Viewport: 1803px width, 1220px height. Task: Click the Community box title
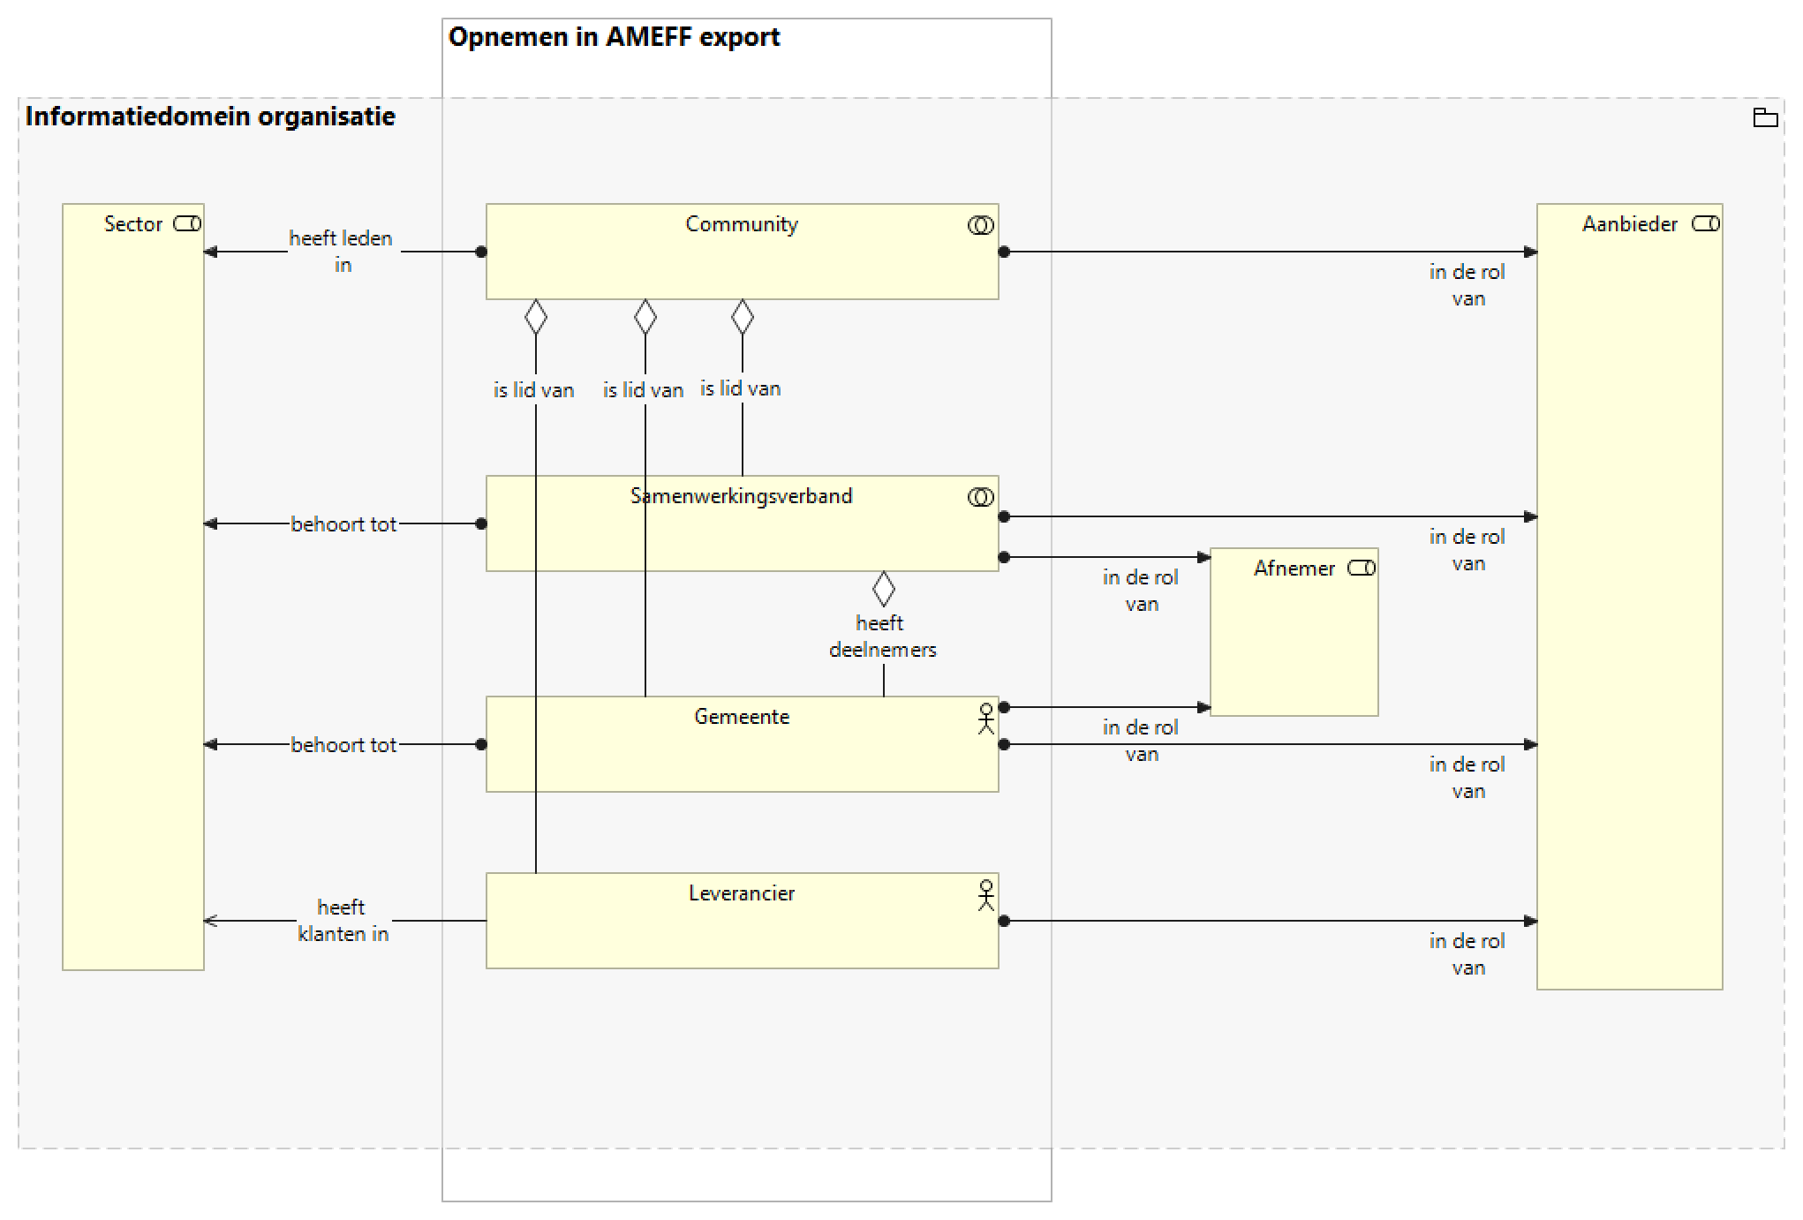tap(742, 224)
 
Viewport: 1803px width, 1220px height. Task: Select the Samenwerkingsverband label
tap(742, 496)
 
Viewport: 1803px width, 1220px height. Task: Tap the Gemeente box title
tap(742, 717)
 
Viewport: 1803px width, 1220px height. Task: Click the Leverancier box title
tap(742, 893)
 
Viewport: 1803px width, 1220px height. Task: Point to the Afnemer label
tap(1294, 569)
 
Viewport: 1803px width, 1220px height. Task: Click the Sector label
tap(133, 224)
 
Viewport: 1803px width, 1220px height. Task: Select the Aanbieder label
tap(1629, 224)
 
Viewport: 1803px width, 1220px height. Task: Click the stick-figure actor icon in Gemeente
tap(986, 719)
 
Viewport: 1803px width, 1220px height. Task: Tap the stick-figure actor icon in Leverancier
tap(986, 895)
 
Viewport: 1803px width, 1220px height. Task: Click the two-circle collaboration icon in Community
tap(980, 226)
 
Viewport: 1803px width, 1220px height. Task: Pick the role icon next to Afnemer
tap(1362, 569)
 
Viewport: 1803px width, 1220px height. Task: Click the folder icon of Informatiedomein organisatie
tap(1765, 117)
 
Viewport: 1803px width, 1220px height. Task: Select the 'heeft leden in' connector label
tap(342, 252)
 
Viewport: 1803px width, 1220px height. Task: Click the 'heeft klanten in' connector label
tap(343, 921)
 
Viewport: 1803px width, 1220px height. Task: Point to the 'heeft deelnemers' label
tap(882, 636)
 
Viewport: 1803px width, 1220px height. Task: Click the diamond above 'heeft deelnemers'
tap(883, 589)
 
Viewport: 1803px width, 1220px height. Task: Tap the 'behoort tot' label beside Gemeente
tap(343, 745)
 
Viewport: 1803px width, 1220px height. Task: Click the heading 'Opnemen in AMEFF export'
tap(614, 37)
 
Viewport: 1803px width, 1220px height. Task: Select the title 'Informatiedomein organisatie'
tap(210, 117)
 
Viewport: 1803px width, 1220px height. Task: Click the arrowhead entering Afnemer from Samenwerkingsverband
tap(1203, 557)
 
